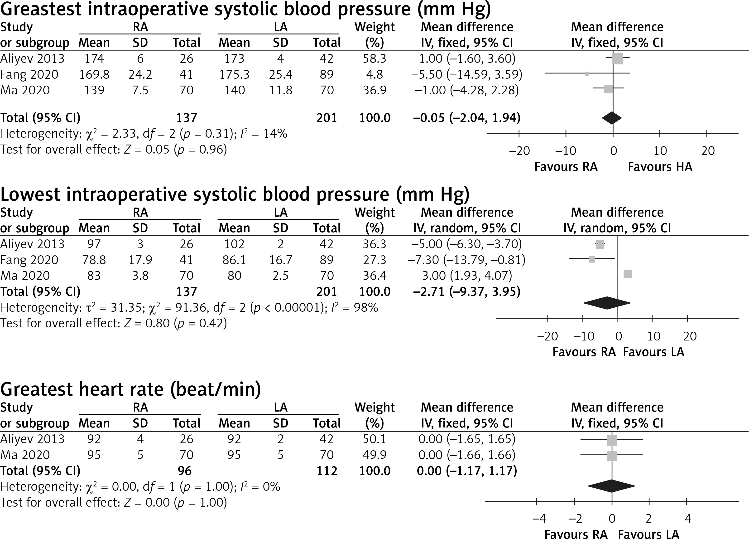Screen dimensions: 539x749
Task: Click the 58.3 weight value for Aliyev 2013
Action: coord(374,58)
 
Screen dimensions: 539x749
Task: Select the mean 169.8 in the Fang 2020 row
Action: coord(94,74)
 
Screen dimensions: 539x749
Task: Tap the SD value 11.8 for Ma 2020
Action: coord(280,90)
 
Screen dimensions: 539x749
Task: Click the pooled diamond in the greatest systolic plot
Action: coord(612,118)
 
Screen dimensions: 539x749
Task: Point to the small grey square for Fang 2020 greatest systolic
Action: coord(587,74)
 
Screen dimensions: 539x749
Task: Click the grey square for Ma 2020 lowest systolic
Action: coord(628,274)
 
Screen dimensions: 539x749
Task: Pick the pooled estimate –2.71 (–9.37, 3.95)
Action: coord(467,292)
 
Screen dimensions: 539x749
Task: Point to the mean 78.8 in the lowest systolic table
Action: coord(94,260)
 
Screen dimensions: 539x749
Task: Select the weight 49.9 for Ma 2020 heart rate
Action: coord(374,455)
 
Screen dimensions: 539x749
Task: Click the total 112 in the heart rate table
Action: coord(326,471)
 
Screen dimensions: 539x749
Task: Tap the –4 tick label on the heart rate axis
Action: coord(539,519)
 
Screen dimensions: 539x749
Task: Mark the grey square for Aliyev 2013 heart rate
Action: coord(612,440)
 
